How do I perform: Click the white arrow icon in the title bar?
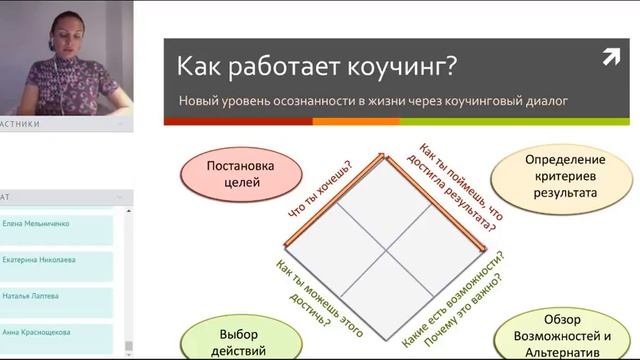pyautogui.click(x=611, y=58)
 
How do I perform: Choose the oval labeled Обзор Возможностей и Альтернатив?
pyautogui.click(x=560, y=335)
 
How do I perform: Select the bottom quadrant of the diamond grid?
pyautogui.click(x=384, y=286)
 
